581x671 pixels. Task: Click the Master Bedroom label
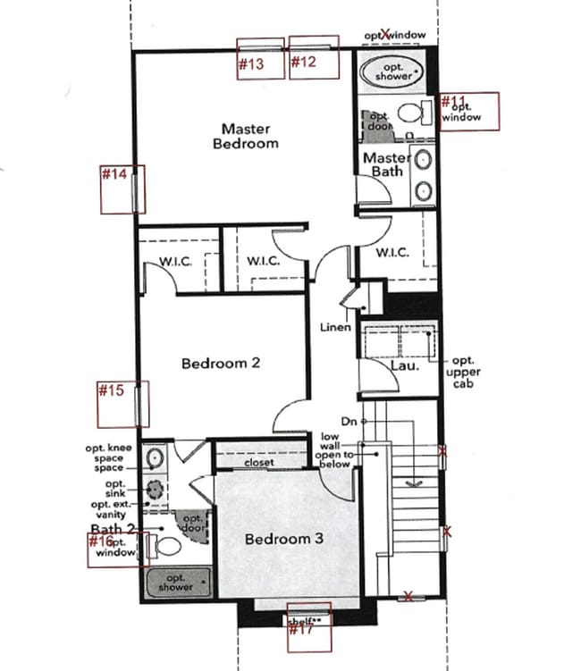[x=249, y=136]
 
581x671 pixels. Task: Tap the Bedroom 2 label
[x=221, y=363]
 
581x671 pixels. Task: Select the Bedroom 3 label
[x=285, y=540]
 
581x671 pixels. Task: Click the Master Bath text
[x=387, y=164]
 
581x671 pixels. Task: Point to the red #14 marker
[x=114, y=174]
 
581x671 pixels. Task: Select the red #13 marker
[x=251, y=63]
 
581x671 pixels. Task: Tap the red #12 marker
[x=304, y=62]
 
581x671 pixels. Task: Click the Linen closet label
[x=335, y=328]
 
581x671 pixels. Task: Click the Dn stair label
[x=349, y=420]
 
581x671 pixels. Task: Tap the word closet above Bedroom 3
[x=259, y=464]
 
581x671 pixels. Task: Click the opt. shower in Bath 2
[x=177, y=583]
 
